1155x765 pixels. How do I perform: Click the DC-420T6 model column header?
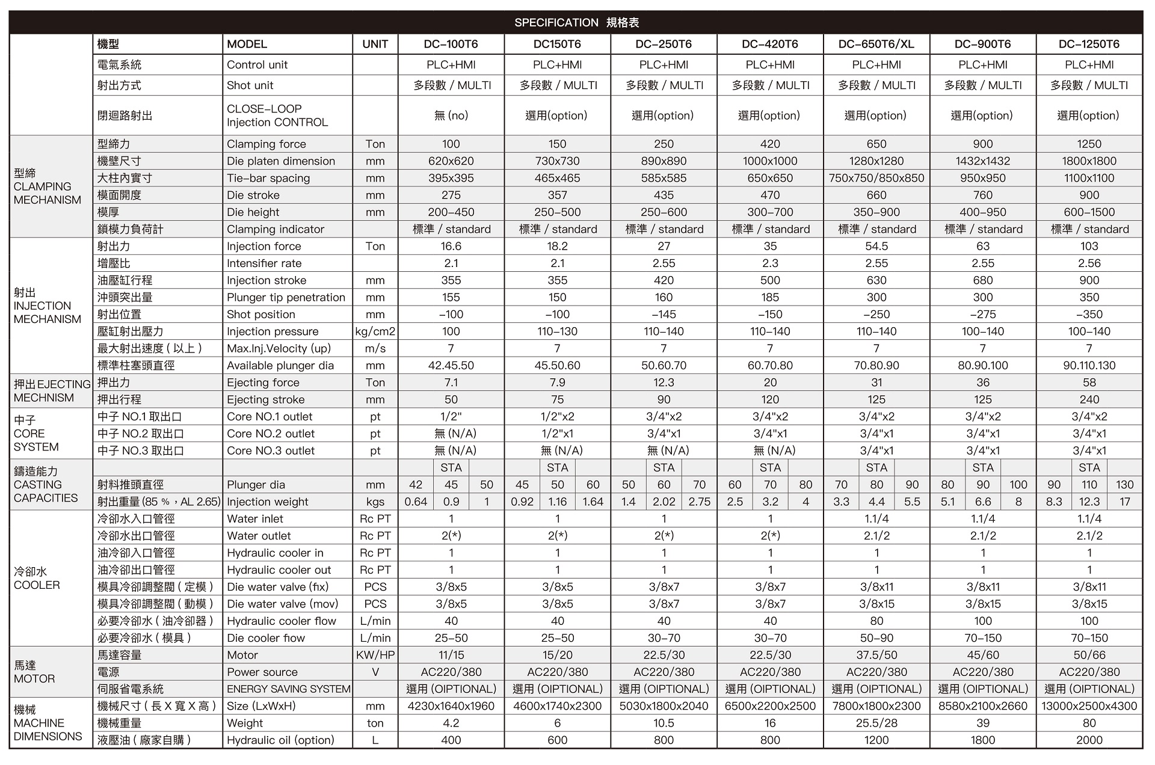(x=769, y=44)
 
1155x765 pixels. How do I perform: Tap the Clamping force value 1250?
(x=1089, y=144)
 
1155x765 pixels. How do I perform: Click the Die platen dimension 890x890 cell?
(x=664, y=161)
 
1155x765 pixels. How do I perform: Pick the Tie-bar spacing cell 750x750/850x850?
(x=876, y=178)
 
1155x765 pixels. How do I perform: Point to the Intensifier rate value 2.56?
(x=1089, y=263)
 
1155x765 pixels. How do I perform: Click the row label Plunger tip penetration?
(x=286, y=297)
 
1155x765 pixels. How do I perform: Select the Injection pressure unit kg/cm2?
(x=375, y=331)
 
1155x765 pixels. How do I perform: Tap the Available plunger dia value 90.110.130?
(x=1089, y=366)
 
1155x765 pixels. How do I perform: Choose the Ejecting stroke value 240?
(x=1089, y=399)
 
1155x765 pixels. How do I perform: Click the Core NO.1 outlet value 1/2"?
(x=451, y=416)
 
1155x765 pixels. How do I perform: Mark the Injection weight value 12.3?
(x=1089, y=502)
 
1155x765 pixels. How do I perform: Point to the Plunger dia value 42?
(x=415, y=485)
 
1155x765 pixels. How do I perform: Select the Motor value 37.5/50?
(x=876, y=655)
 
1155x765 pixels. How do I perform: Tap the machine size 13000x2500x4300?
(x=1089, y=706)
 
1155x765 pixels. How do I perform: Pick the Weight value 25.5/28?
(x=876, y=723)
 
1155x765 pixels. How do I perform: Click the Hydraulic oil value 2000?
(x=1089, y=740)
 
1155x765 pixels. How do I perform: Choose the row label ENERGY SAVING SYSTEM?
(x=288, y=689)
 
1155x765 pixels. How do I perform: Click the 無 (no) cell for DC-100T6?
(x=451, y=115)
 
